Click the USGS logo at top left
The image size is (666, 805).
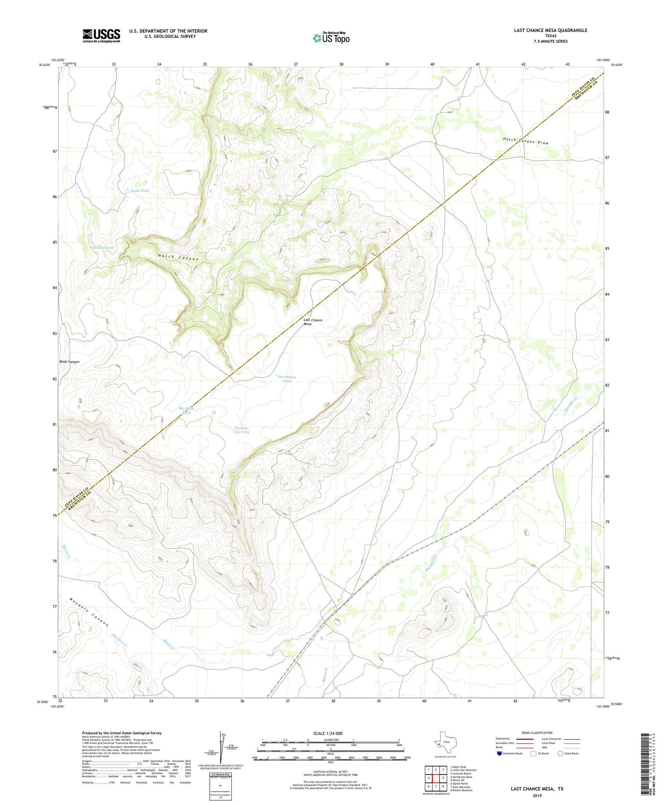point(101,36)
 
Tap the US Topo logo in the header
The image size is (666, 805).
point(331,38)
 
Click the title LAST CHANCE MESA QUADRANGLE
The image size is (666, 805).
point(550,30)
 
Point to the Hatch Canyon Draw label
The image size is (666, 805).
point(526,141)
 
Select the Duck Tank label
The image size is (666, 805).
point(140,190)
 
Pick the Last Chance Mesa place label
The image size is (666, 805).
point(312,322)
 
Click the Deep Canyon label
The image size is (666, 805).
point(69,362)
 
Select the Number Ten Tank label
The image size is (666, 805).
point(242,430)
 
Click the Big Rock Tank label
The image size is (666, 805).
point(187,410)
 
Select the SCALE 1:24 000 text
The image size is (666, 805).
point(328,733)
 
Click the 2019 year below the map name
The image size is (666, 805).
point(536,795)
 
